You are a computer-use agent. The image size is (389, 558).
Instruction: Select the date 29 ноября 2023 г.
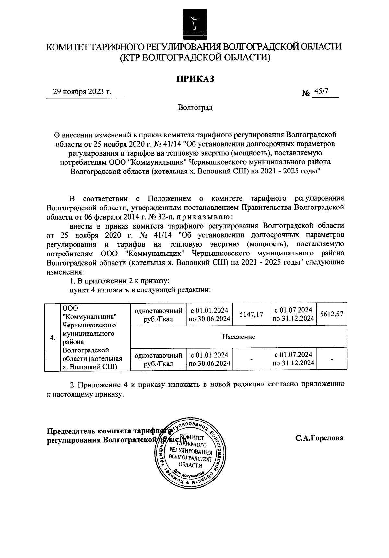click(x=82, y=92)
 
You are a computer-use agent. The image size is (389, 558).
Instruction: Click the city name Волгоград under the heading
click(x=195, y=108)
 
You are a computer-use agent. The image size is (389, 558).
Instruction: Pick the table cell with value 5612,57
click(x=331, y=314)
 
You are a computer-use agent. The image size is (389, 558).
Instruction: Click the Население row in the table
click(x=238, y=337)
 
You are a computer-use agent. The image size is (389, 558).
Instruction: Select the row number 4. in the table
click(x=52, y=338)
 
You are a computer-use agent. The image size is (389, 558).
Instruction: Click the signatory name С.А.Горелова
click(x=319, y=438)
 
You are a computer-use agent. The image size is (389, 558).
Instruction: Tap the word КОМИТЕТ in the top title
click(x=67, y=47)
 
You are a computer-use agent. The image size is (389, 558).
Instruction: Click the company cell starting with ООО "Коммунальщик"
click(x=92, y=337)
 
